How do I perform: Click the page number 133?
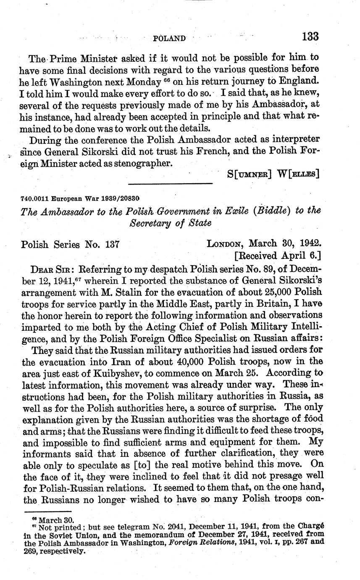(310, 37)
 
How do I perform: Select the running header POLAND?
(169, 39)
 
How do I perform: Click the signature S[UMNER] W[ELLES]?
(273, 173)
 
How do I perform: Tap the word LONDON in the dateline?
(225, 244)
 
